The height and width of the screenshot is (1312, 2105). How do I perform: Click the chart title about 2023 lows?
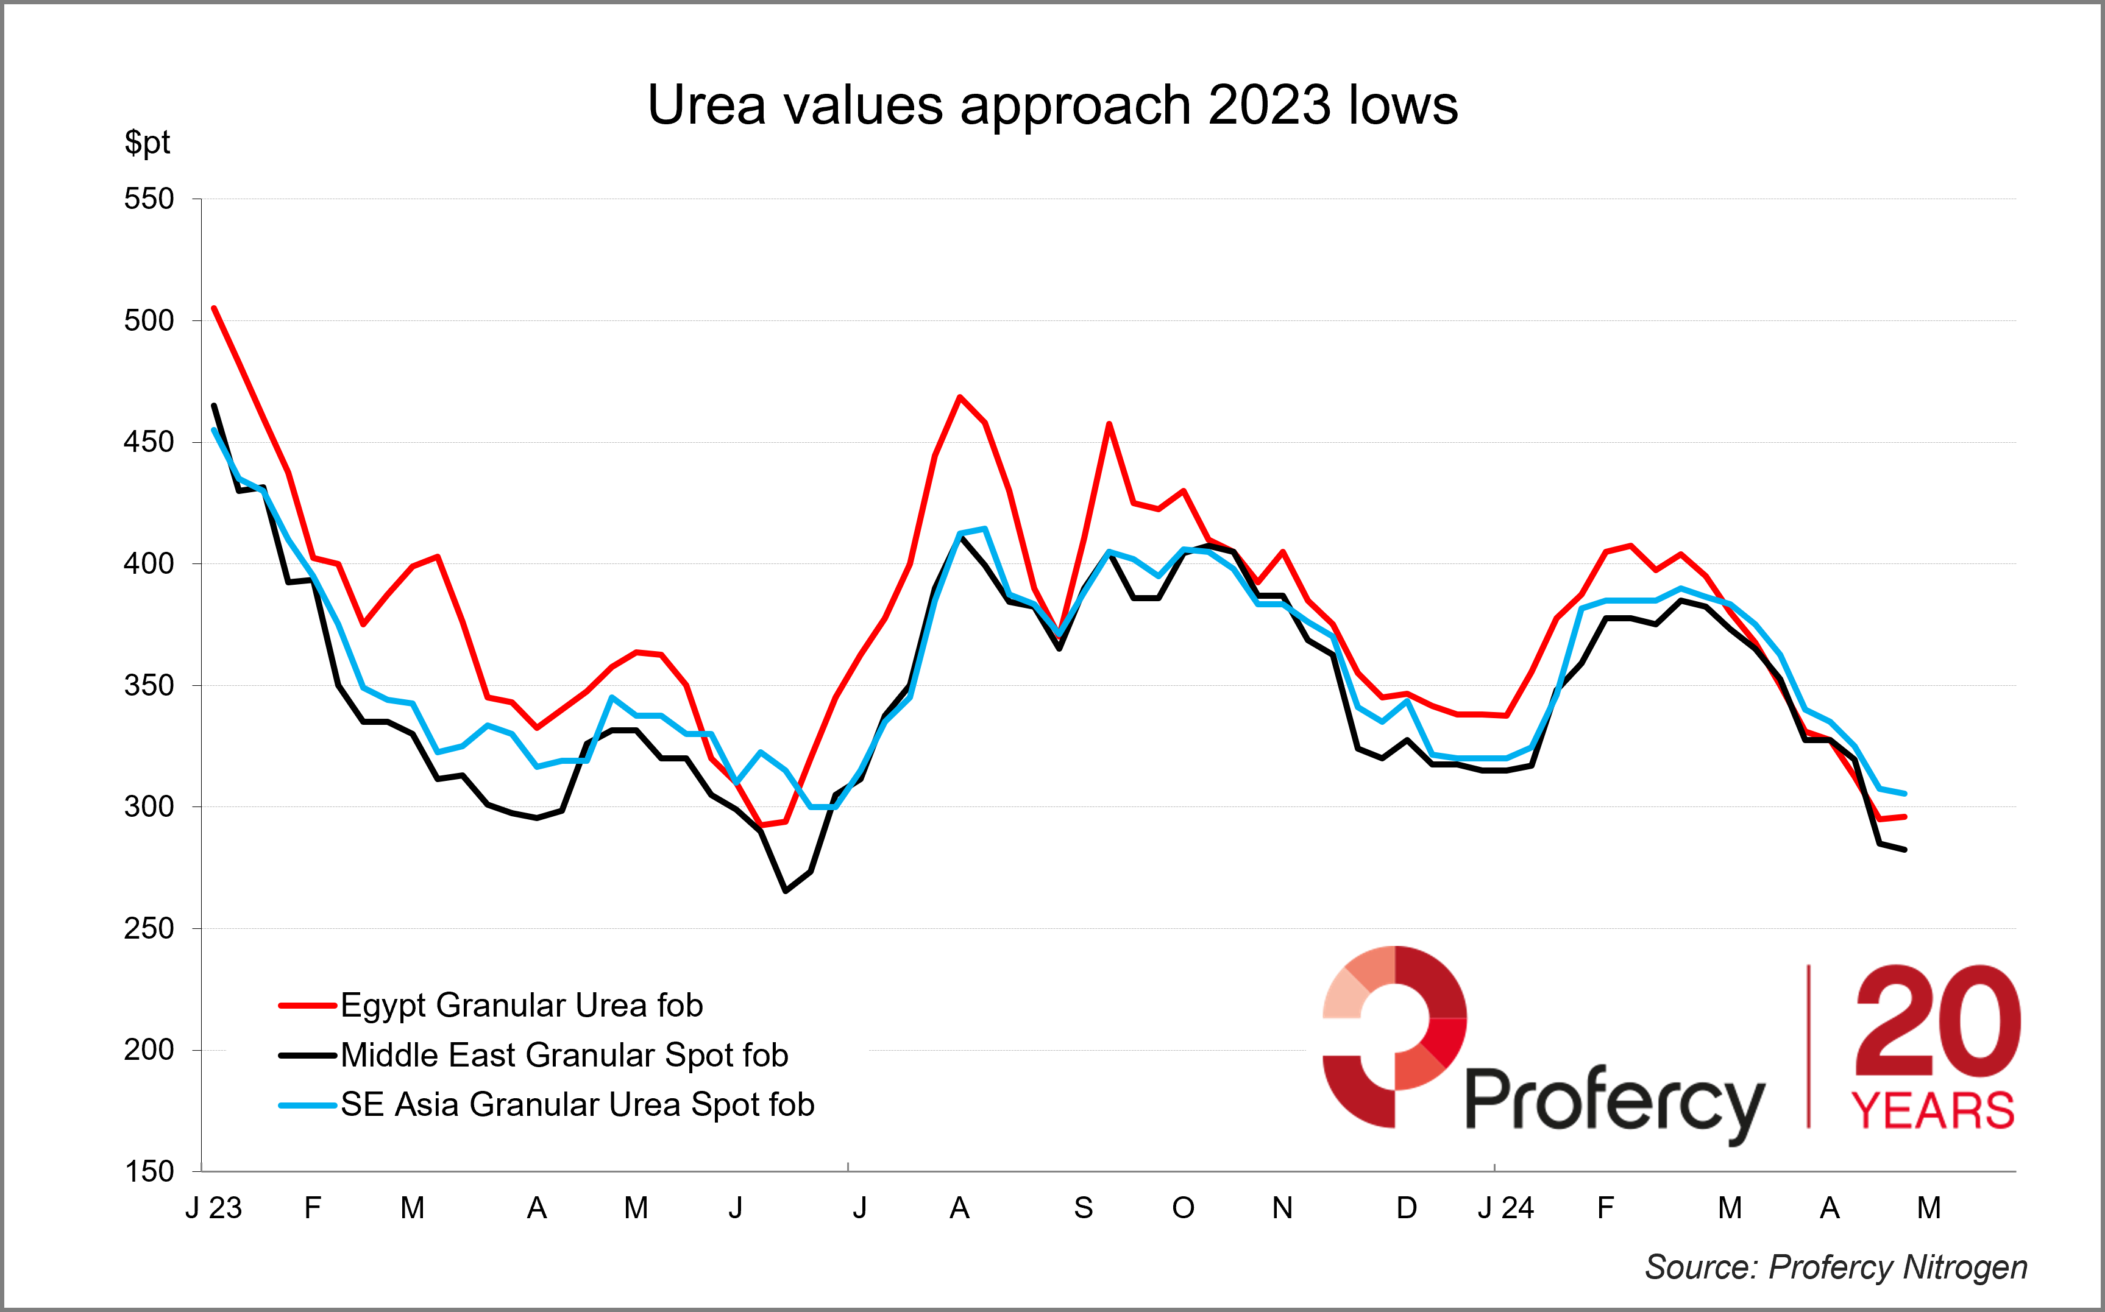1052,106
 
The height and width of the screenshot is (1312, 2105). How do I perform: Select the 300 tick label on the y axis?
149,807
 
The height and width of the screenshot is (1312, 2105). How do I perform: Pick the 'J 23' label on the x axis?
213,1208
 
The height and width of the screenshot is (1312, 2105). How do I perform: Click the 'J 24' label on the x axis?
1505,1208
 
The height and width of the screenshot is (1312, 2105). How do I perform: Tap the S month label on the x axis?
1084,1208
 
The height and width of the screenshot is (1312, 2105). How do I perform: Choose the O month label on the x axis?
1183,1208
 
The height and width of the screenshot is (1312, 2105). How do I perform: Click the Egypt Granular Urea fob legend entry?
521,1006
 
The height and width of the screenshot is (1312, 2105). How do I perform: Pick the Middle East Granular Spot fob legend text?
564,1055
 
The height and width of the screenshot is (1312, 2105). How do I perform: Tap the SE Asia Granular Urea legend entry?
577,1105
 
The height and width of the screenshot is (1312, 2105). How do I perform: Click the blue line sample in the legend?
307,1106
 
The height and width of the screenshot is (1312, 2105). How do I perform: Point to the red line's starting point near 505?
213,308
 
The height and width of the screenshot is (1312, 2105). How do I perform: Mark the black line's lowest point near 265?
786,891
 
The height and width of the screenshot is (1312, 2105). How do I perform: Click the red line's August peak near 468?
959,397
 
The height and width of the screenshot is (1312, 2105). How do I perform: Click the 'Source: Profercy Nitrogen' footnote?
1836,1268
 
